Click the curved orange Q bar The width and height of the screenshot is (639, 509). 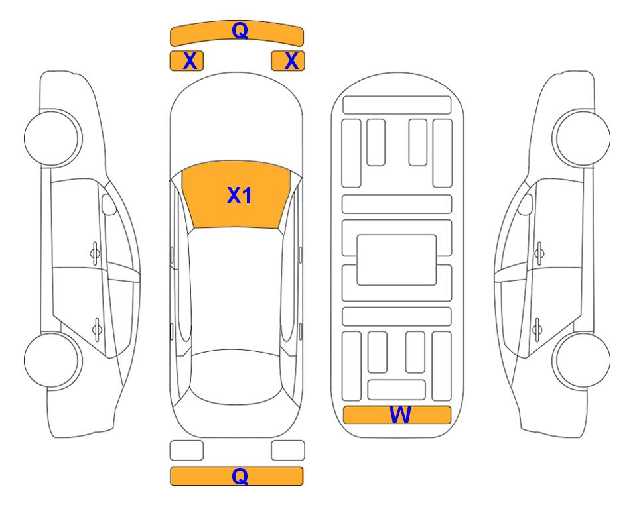pos(237,33)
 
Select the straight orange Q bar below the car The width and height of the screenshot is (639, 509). pos(237,476)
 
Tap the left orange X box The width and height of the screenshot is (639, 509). pos(186,61)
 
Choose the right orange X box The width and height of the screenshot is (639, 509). pos(288,61)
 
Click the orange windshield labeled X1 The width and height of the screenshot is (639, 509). pos(236,195)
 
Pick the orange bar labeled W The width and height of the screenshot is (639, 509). pos(397,415)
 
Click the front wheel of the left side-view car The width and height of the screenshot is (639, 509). pos(53,138)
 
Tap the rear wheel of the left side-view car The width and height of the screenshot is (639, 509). pos(53,360)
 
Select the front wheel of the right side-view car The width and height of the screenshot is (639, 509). pos(581,138)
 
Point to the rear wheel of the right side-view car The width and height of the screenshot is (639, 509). pos(581,360)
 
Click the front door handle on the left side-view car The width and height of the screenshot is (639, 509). pos(95,253)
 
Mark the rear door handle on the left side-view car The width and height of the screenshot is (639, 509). pos(97,329)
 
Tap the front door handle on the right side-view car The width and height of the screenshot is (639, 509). pos(539,253)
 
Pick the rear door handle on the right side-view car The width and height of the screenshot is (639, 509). pos(537,329)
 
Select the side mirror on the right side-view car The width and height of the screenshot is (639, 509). pos(526,204)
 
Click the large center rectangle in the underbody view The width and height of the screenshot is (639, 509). pos(397,260)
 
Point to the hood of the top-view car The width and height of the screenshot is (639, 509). pos(236,122)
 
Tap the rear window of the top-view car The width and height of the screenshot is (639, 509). pos(236,376)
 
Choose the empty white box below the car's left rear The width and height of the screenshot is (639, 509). pos(186,451)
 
